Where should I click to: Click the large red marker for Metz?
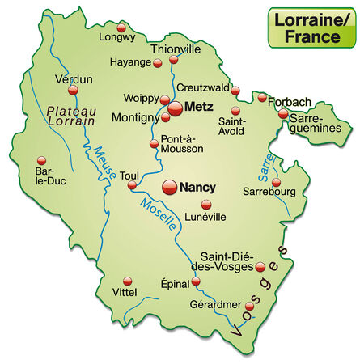pyautogui.click(x=176, y=107)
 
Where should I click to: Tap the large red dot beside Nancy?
pyautogui.click(x=170, y=187)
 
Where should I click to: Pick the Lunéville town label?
pyautogui.click(x=204, y=216)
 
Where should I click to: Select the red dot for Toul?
pyautogui.click(x=132, y=187)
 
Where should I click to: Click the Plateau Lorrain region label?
pyautogui.click(x=72, y=115)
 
